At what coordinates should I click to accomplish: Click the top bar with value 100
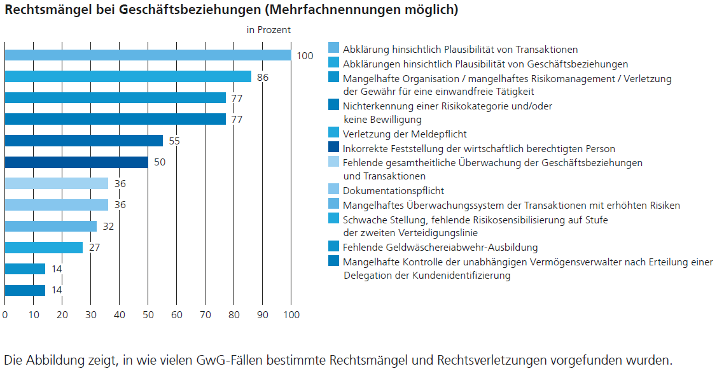point(148,55)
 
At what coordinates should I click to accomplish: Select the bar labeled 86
point(128,76)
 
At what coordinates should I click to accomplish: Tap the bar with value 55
point(83,141)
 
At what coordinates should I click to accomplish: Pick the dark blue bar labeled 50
point(76,162)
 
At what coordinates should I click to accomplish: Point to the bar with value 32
point(50,226)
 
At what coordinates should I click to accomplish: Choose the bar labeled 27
point(43,248)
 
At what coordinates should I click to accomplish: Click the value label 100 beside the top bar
point(305,56)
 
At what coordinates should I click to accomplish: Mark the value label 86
point(263,77)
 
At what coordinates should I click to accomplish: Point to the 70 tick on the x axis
point(205,314)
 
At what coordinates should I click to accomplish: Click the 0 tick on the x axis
point(5,314)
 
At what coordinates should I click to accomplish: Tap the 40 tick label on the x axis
point(120,314)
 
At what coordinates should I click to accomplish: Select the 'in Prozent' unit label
point(268,30)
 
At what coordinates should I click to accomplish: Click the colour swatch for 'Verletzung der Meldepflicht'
point(333,133)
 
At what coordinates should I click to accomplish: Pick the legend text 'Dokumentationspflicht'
point(393,191)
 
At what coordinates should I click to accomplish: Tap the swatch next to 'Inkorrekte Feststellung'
point(333,148)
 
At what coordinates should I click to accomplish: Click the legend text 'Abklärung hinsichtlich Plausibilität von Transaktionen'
point(460,49)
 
